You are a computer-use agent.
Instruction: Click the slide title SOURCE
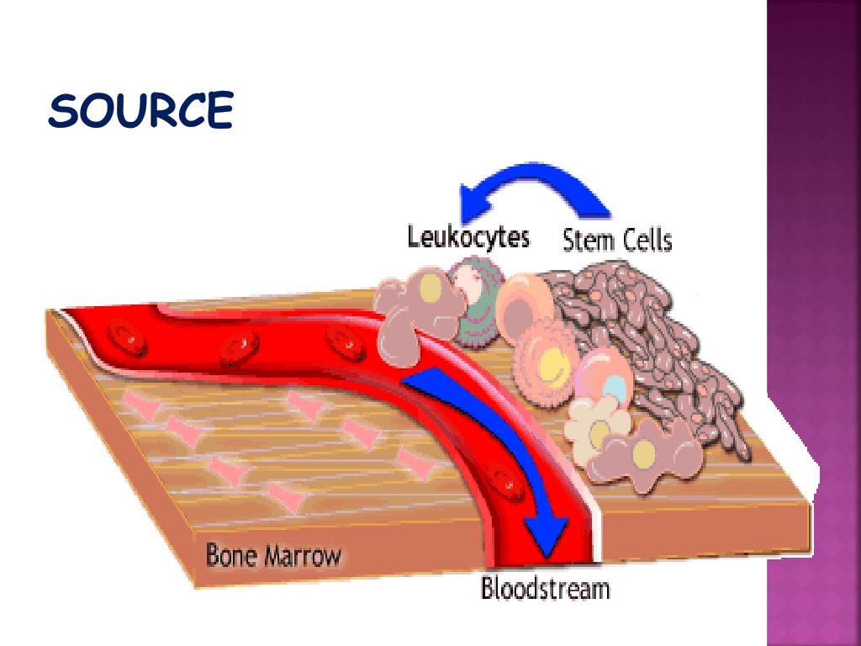(x=140, y=111)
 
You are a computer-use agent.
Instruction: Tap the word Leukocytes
(x=468, y=236)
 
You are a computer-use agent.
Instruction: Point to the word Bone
(x=232, y=556)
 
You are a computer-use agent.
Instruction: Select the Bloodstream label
(x=544, y=587)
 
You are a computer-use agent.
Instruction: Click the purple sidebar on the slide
(x=814, y=323)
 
